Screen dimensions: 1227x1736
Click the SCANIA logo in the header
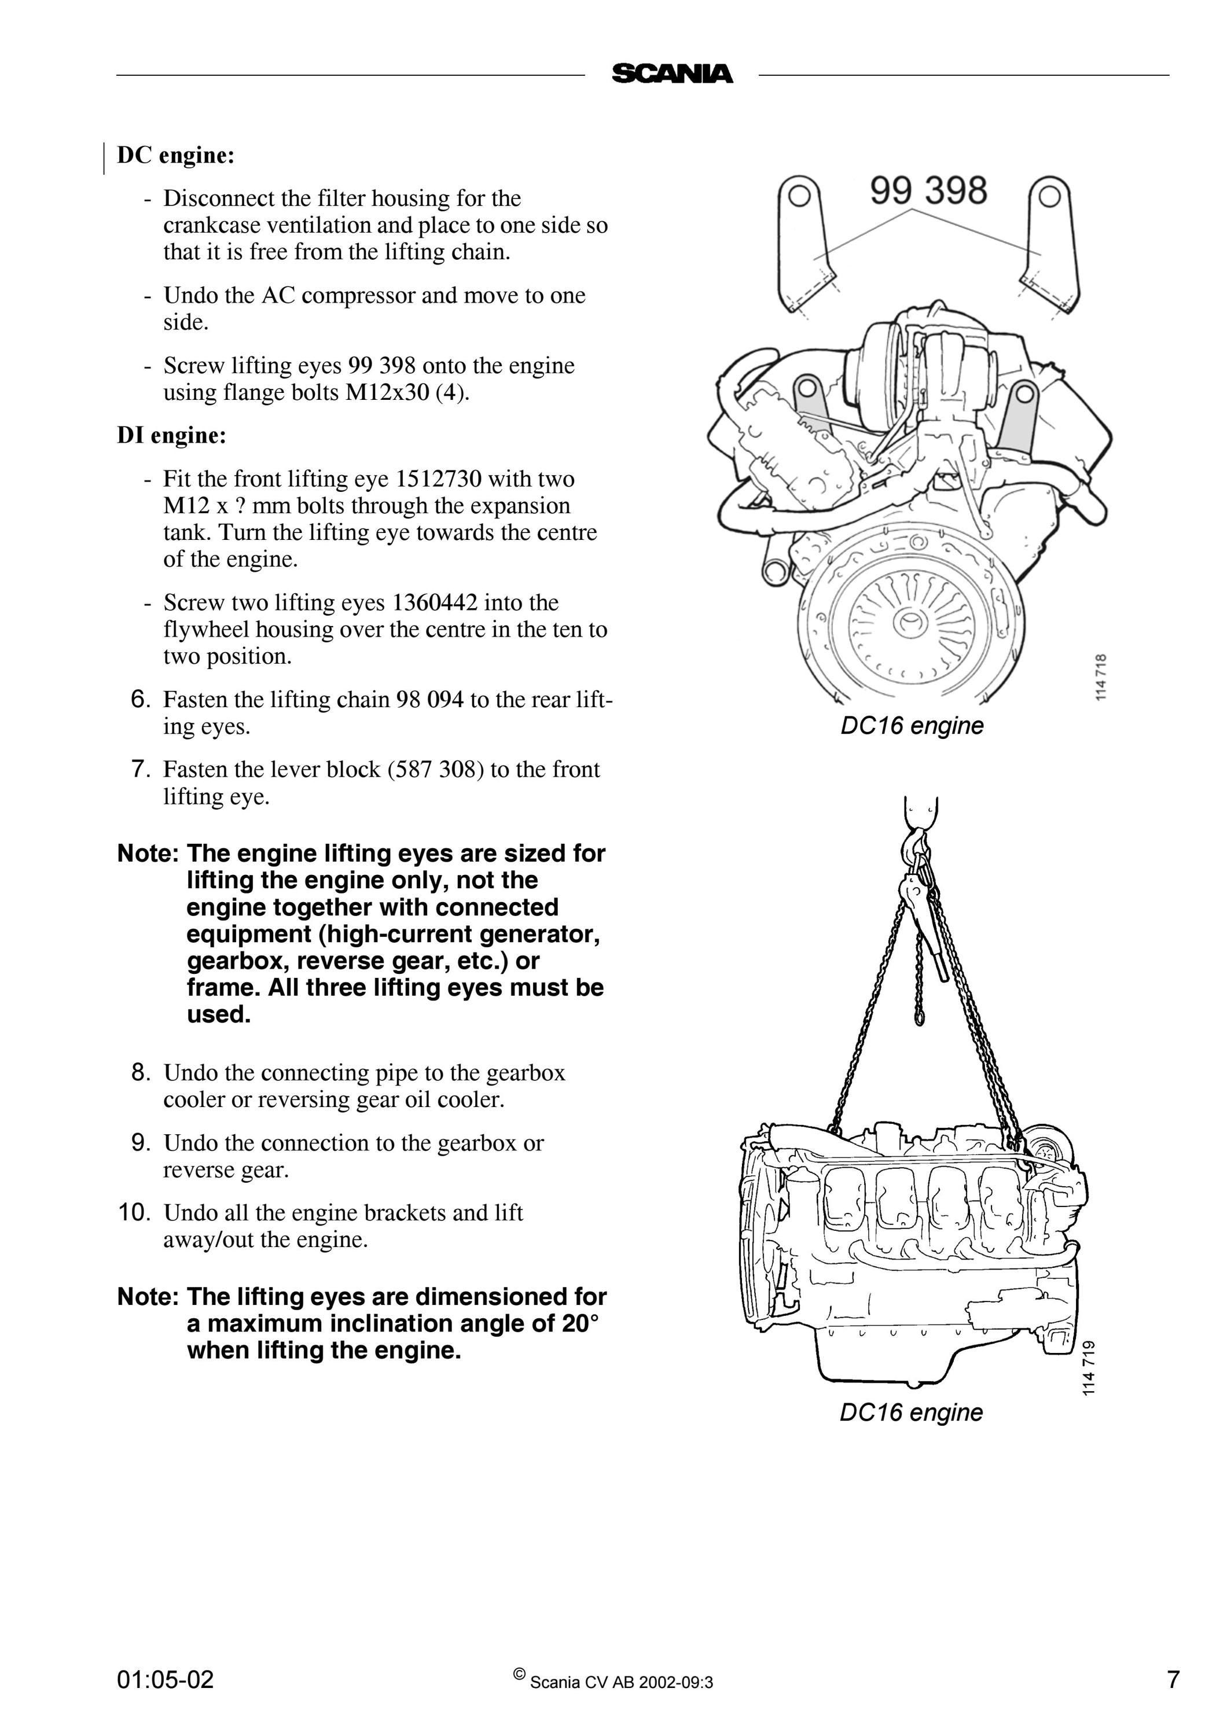[672, 74]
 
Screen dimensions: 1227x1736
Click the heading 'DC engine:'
[176, 155]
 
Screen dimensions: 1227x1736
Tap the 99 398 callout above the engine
[928, 190]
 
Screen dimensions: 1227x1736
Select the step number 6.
[141, 700]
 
